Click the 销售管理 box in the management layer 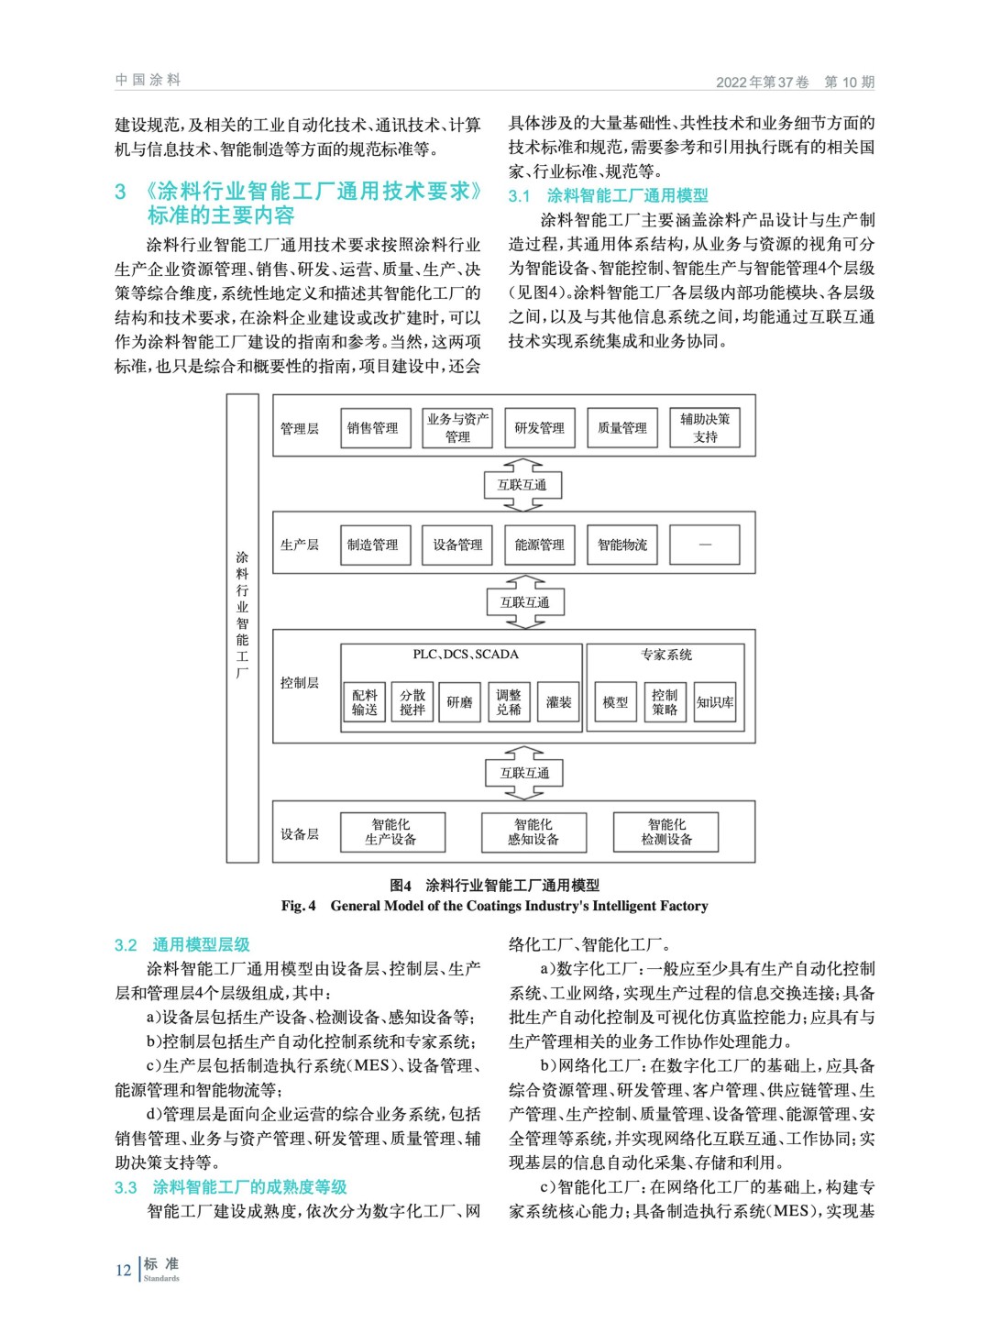click(372, 428)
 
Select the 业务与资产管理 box click(457, 428)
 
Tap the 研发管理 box click(539, 428)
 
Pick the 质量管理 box click(621, 428)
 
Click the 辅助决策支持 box click(705, 428)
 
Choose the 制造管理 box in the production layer click(372, 545)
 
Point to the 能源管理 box click(539, 545)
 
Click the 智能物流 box click(621, 545)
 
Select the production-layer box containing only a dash click(705, 545)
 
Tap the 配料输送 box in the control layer click(364, 702)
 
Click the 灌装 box click(558, 702)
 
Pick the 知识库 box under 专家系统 click(715, 702)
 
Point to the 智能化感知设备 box click(533, 832)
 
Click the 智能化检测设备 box click(666, 832)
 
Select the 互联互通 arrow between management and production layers click(522, 485)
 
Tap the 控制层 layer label click(300, 683)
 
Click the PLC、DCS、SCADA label click(466, 655)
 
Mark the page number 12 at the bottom click(124, 1270)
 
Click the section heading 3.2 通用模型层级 click(181, 944)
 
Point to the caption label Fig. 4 click(299, 906)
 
